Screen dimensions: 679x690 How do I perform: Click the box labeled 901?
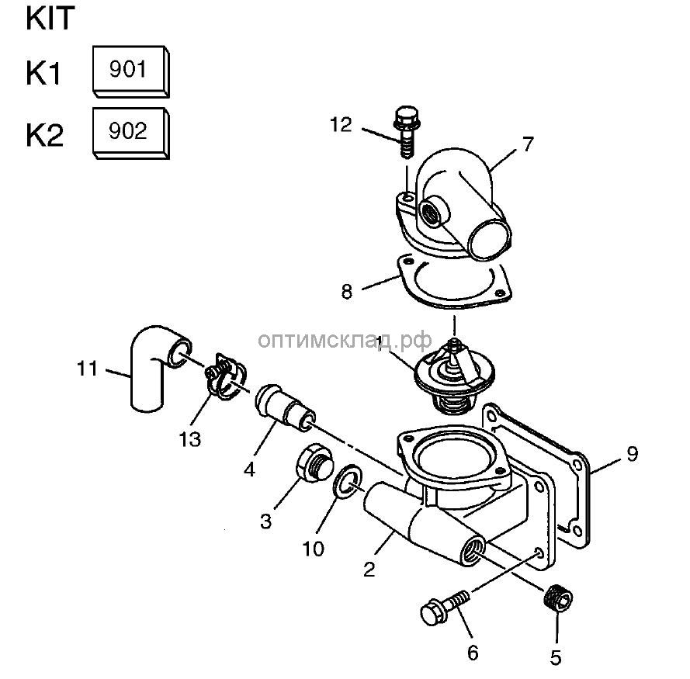point(129,70)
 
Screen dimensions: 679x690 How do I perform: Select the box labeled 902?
point(129,131)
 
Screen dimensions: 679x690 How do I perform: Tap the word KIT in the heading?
point(53,19)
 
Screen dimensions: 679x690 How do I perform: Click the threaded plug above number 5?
point(557,598)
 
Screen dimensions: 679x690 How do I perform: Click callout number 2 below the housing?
point(369,570)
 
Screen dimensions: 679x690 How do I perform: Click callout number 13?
point(189,439)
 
